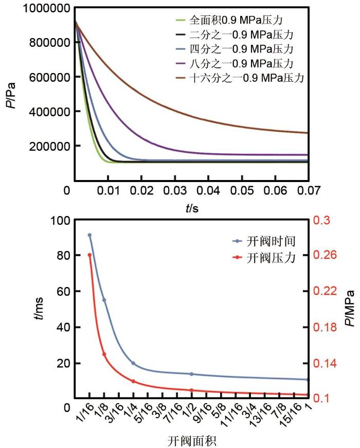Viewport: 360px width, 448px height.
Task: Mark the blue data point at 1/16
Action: [89, 235]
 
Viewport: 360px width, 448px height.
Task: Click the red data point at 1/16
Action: [89, 255]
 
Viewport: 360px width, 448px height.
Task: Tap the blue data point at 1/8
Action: [104, 300]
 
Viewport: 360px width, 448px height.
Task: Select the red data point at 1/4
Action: [133, 381]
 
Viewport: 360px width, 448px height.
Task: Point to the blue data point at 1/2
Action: [192, 374]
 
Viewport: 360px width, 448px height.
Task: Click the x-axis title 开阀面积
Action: [191, 441]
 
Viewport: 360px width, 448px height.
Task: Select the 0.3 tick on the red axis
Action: [324, 220]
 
